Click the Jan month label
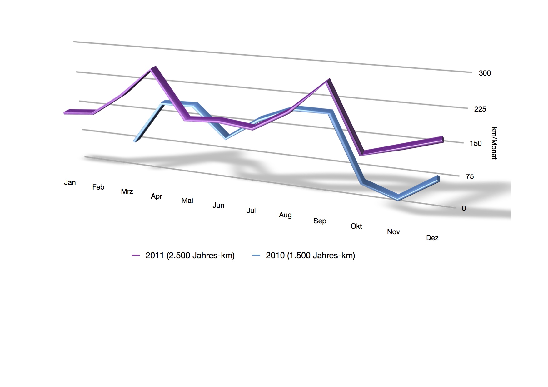pos(70,182)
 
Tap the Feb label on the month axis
pos(98,187)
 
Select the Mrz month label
pos(127,191)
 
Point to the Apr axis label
pos(156,196)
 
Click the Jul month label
pos(251,211)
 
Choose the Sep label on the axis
pos(320,221)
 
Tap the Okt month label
pos(356,226)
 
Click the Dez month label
pos(432,238)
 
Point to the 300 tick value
pos(485,73)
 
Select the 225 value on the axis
pos(480,109)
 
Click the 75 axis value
pos(470,176)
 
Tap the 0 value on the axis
pos(464,208)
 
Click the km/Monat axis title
pos(494,143)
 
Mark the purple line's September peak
pos(328,81)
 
